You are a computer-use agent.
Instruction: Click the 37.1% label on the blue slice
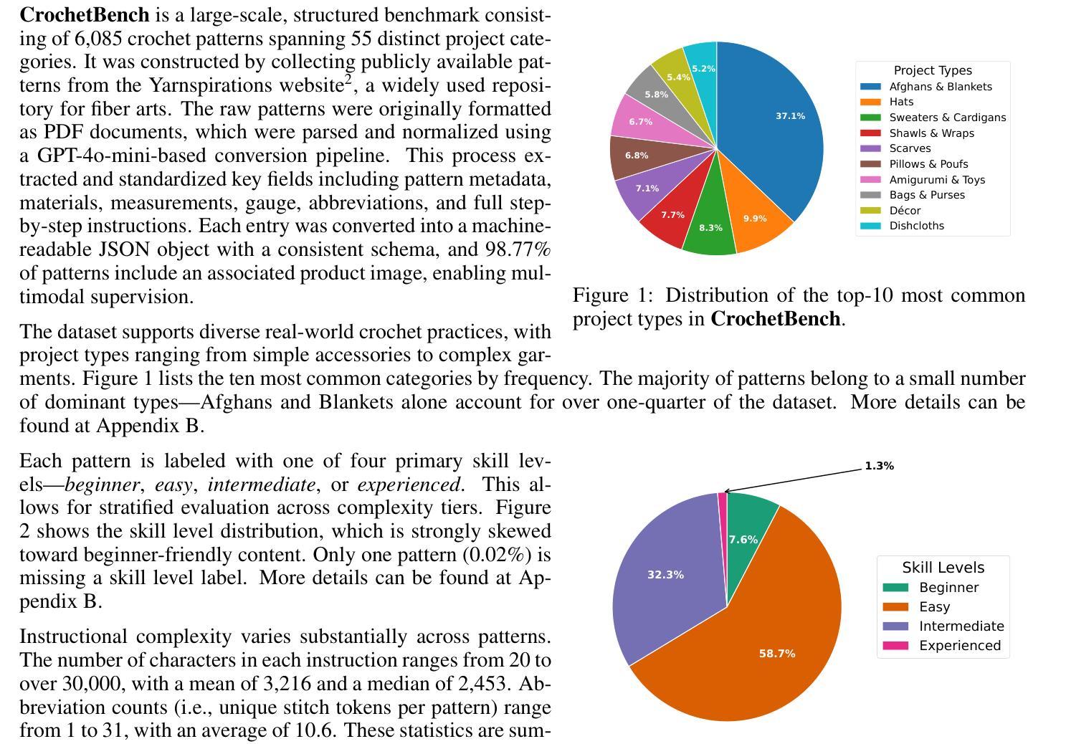tap(790, 116)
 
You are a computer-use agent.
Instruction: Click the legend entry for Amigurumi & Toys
tap(936, 180)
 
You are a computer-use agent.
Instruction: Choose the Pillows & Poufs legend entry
tap(928, 164)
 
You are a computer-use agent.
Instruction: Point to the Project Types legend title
tap(933, 70)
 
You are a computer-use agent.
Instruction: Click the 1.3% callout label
tap(879, 466)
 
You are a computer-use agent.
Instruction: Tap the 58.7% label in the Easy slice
tap(776, 654)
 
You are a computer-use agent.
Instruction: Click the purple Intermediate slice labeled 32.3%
tap(665, 575)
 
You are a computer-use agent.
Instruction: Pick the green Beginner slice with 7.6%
tap(743, 539)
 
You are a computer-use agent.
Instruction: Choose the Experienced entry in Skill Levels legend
tap(959, 646)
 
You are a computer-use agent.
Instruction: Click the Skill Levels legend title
tap(943, 568)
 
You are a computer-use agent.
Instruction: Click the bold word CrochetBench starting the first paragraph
tap(85, 15)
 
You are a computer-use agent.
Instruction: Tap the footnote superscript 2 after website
tap(348, 80)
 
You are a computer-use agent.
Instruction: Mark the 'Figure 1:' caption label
tap(613, 295)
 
